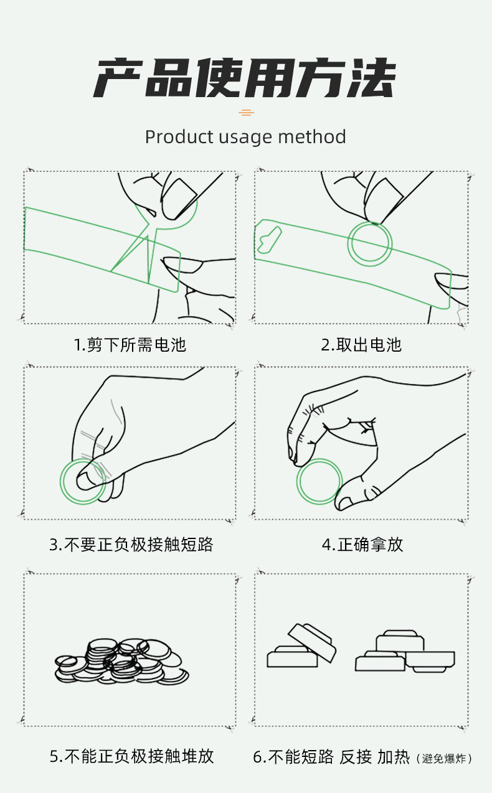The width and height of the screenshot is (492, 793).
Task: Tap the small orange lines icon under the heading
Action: coord(246,113)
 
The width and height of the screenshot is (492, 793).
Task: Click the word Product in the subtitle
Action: coord(179,137)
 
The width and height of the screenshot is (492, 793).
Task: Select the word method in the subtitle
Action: coord(312,137)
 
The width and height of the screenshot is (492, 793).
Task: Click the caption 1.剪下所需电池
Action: coord(130,344)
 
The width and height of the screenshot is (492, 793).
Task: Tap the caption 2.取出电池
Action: coord(361,344)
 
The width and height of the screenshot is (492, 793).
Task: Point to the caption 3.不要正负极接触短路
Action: coord(131,544)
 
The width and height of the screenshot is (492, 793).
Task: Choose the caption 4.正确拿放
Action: coord(362,544)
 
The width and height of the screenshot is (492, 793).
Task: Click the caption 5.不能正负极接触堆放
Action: coord(132,756)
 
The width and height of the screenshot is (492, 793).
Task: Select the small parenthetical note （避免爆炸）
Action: coord(444,758)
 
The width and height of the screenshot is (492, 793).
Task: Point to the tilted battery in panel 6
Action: coord(312,642)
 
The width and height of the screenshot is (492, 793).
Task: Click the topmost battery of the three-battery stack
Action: coord(400,640)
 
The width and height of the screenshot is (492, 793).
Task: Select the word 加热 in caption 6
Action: coord(394,756)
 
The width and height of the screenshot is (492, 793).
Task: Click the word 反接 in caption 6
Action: coord(356,756)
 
